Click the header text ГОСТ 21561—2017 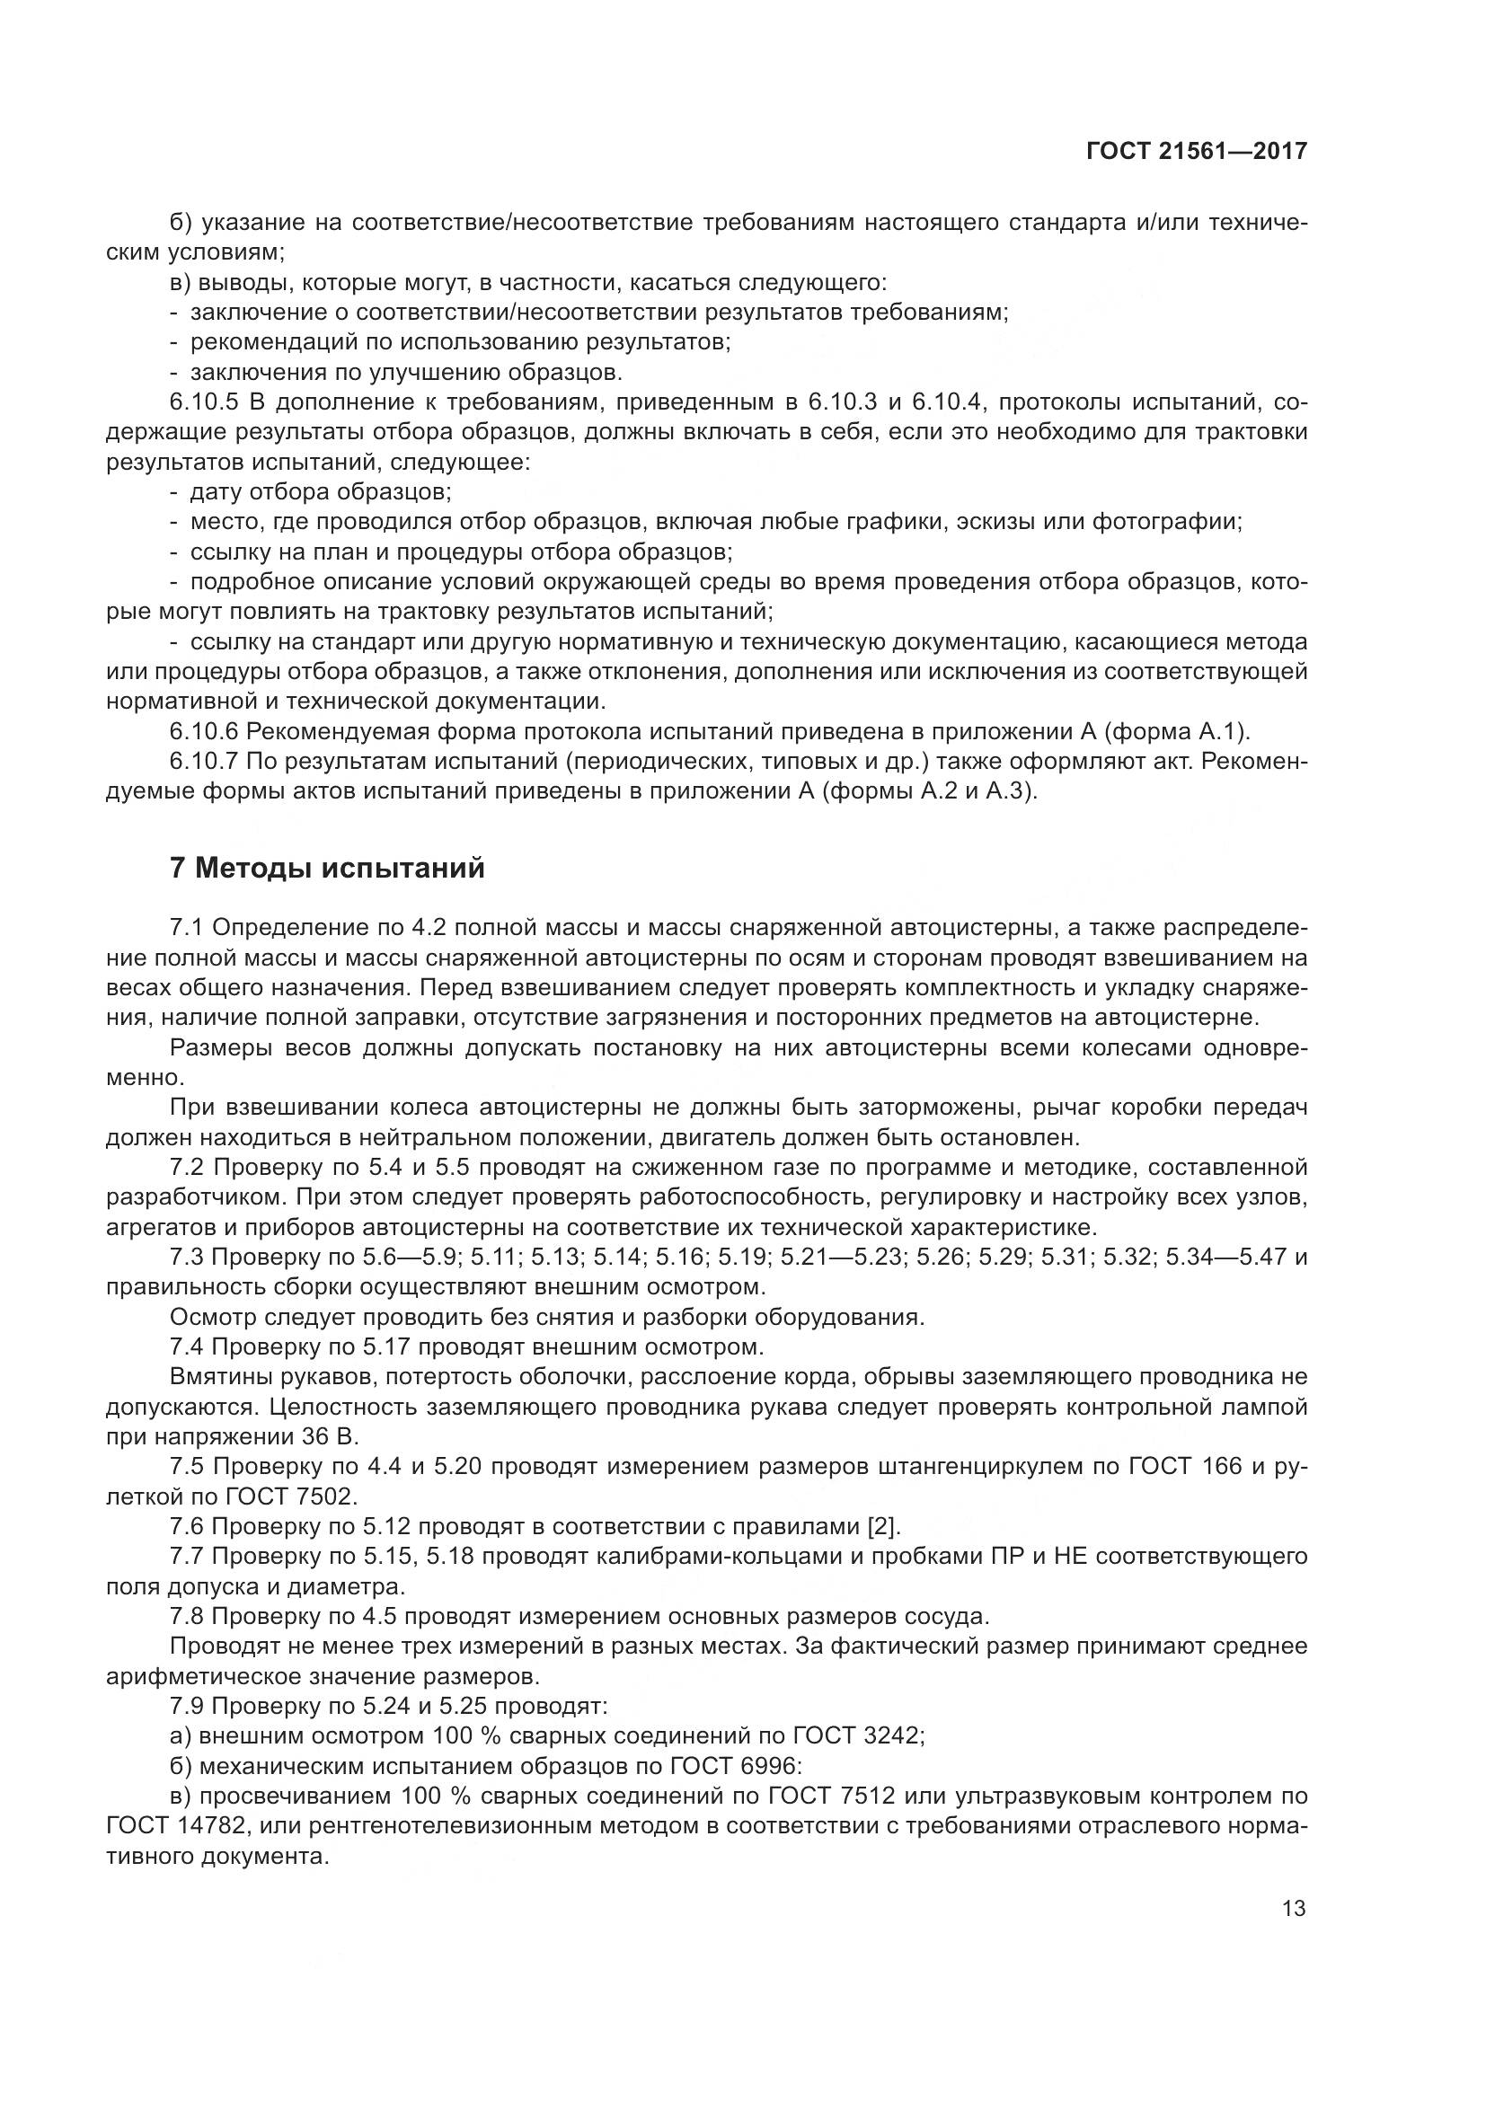pyautogui.click(x=1197, y=151)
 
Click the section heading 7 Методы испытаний pyautogui.click(x=327, y=868)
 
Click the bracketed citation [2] pyautogui.click(x=883, y=1525)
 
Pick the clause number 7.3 pyautogui.click(x=188, y=1257)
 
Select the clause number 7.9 pyautogui.click(x=188, y=1705)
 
